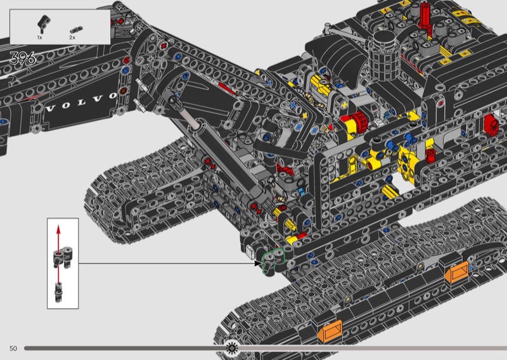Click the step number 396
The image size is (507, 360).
click(x=23, y=58)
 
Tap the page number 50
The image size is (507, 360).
click(x=13, y=349)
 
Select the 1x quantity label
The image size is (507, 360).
click(x=39, y=37)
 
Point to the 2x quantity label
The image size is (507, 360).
click(x=72, y=37)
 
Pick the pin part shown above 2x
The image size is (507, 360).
click(x=76, y=30)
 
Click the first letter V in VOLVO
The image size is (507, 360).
click(x=51, y=108)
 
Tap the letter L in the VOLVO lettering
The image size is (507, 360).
click(x=81, y=103)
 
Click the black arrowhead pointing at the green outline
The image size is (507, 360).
click(x=258, y=263)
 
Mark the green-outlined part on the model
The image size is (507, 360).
click(x=273, y=260)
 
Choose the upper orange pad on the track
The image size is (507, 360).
click(x=457, y=273)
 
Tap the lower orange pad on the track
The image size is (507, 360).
click(x=330, y=331)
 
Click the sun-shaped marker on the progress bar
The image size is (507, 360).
click(x=232, y=348)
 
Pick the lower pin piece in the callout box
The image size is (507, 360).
click(x=58, y=292)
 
